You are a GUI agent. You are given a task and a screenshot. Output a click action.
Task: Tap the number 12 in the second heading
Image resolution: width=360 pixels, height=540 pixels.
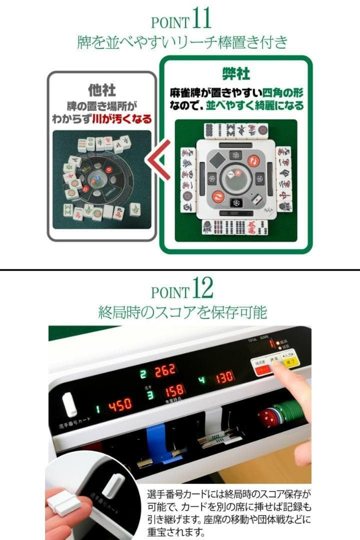point(202,288)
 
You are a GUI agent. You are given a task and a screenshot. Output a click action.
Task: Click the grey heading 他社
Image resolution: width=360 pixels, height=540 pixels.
point(101,90)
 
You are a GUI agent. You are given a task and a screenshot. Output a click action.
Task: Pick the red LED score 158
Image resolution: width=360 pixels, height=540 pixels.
point(175,390)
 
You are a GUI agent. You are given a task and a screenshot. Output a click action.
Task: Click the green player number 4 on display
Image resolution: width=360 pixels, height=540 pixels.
point(202,378)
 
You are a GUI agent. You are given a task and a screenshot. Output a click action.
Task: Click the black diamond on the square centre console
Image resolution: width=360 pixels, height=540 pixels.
point(218,160)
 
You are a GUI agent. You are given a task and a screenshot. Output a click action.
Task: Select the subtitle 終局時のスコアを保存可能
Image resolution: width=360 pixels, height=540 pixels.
point(182,312)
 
